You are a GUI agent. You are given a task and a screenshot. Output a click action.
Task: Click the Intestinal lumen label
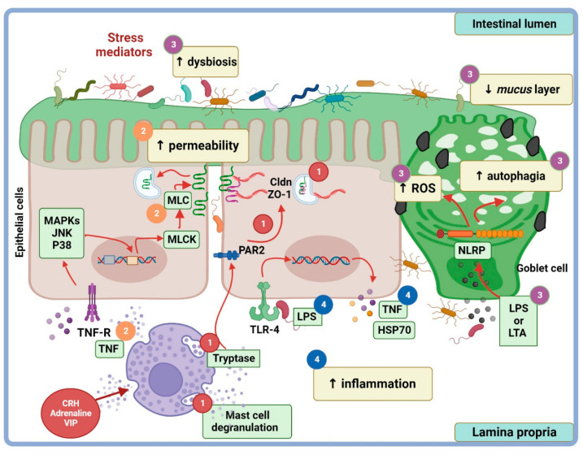514,24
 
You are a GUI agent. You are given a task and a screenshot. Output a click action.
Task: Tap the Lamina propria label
514,432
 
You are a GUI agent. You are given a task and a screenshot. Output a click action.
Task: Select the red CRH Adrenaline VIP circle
71,413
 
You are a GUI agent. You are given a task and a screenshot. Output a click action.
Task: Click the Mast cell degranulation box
247,421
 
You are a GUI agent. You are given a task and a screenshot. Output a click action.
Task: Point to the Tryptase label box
233,358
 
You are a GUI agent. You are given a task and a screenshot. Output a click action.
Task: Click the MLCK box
181,239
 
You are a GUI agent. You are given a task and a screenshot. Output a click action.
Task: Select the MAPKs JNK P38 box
62,233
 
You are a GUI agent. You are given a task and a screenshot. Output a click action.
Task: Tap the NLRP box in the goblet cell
472,250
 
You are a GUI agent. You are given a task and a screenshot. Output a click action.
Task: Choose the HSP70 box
394,330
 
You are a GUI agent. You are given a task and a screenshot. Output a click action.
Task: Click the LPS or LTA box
518,321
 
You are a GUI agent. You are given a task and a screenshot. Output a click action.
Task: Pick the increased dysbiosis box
206,62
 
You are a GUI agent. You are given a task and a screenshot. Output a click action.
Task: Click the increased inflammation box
373,383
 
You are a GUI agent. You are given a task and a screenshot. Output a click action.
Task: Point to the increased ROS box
418,188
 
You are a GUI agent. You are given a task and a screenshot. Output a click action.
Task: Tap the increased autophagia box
511,176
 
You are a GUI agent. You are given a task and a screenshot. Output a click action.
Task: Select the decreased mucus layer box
521,89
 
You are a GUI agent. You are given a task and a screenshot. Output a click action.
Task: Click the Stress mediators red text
124,45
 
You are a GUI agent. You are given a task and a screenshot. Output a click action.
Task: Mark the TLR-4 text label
265,329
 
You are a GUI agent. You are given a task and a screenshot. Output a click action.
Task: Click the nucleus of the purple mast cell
166,380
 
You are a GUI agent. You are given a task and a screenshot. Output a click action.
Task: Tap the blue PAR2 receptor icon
226,255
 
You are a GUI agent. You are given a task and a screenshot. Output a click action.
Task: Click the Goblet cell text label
542,268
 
